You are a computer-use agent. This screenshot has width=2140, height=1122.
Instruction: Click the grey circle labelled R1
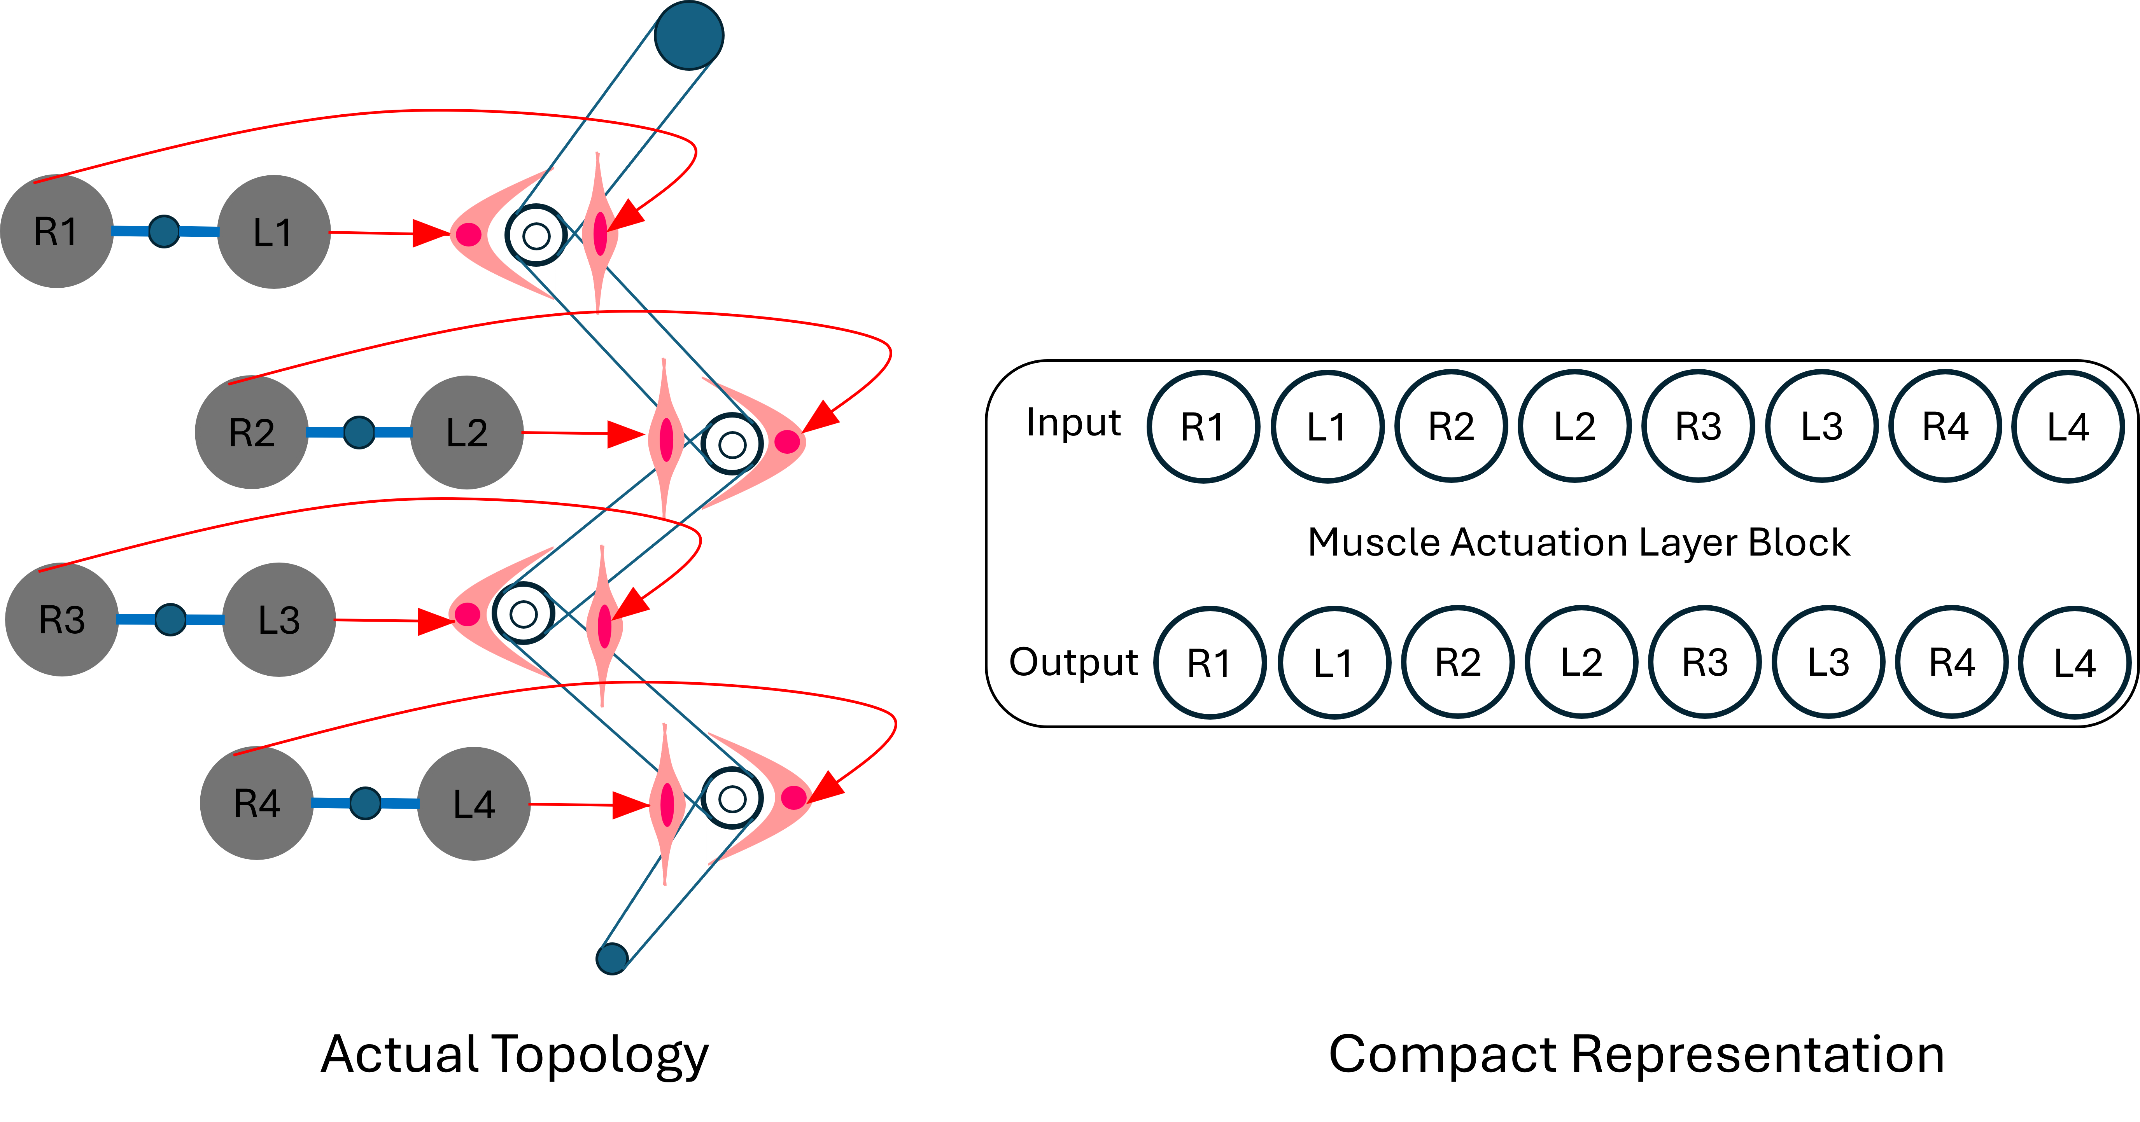56,232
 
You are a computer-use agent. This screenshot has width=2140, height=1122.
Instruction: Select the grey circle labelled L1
273,232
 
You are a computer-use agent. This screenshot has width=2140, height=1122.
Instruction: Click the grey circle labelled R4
257,803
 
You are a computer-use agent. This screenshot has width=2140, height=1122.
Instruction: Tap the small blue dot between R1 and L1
164,232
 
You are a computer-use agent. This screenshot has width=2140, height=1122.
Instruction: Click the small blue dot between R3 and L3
170,620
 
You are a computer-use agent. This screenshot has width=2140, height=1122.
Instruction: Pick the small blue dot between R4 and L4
365,803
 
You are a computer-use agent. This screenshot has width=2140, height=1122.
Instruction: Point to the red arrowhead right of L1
430,233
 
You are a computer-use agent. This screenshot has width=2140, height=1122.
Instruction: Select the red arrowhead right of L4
630,805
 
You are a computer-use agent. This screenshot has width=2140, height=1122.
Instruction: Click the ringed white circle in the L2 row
731,444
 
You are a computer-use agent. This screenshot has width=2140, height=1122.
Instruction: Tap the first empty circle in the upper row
1203,426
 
